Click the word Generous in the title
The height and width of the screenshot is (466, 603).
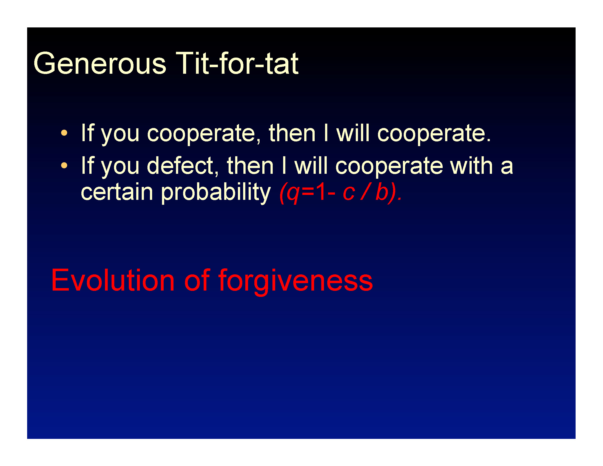coord(100,64)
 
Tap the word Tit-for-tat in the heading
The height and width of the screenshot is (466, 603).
coord(237,63)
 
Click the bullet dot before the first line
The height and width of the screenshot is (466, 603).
coord(64,133)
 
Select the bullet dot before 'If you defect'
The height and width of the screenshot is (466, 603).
coord(64,165)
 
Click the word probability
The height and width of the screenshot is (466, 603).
coord(216,192)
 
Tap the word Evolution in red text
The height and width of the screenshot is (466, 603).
coord(113,280)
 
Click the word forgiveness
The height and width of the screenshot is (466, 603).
coord(296,282)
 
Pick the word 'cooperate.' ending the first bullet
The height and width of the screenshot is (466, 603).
coord(434,134)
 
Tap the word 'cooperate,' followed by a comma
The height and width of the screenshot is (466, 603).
coord(204,134)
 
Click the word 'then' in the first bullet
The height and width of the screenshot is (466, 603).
coord(292,133)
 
